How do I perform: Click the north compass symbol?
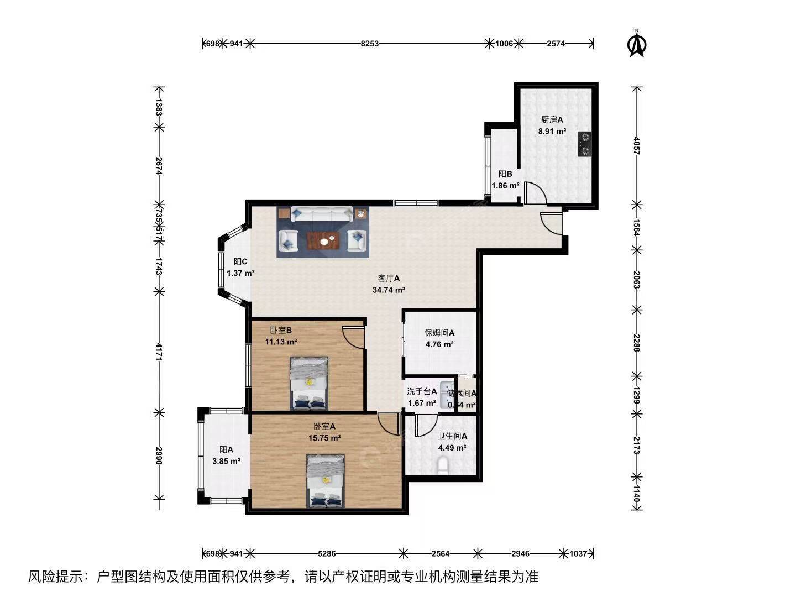(x=637, y=44)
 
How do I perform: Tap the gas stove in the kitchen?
(x=584, y=143)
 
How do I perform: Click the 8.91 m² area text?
(x=552, y=132)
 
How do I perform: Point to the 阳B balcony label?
(x=505, y=174)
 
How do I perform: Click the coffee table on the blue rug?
(x=323, y=240)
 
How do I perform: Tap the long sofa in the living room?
(x=322, y=214)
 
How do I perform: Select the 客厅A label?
(x=389, y=279)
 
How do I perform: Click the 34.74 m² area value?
(x=389, y=290)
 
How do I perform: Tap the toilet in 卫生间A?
(x=443, y=466)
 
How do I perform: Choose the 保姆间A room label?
(x=439, y=333)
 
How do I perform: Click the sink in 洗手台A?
(x=446, y=394)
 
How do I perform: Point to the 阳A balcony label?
(x=226, y=449)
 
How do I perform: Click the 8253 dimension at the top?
(x=369, y=44)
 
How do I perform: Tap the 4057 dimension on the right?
(x=637, y=145)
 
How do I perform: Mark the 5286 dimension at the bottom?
(x=327, y=553)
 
